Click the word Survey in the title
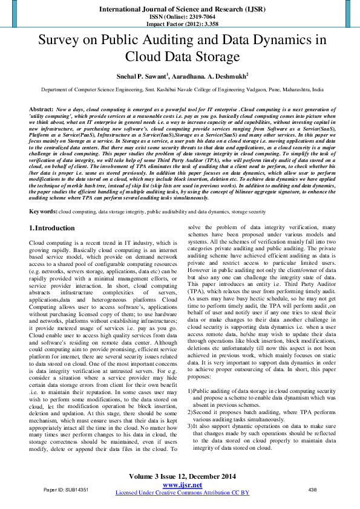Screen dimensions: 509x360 coord(61,41)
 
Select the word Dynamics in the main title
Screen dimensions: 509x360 coord(284,41)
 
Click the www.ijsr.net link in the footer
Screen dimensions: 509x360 coord(182,485)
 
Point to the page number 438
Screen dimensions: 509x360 coord(313,489)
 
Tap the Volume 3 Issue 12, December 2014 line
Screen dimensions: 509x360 coord(182,478)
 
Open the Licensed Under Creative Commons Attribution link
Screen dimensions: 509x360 coord(182,493)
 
